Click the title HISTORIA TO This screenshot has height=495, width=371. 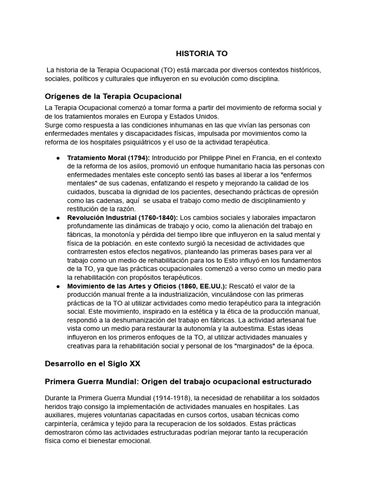[x=201, y=53]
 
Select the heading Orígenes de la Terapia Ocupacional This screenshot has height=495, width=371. [x=113, y=96]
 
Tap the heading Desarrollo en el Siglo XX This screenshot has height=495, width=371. [x=92, y=363]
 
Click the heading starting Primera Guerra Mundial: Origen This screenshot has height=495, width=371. [x=178, y=381]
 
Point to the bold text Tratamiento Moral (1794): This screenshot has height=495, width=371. [x=109, y=158]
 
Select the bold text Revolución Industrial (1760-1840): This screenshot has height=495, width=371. [x=123, y=218]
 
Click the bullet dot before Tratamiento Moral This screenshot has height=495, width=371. [x=58, y=158]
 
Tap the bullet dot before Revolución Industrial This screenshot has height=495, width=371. [x=58, y=218]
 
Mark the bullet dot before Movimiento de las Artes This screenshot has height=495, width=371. [x=58, y=286]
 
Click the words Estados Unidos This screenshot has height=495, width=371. [x=195, y=116]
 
